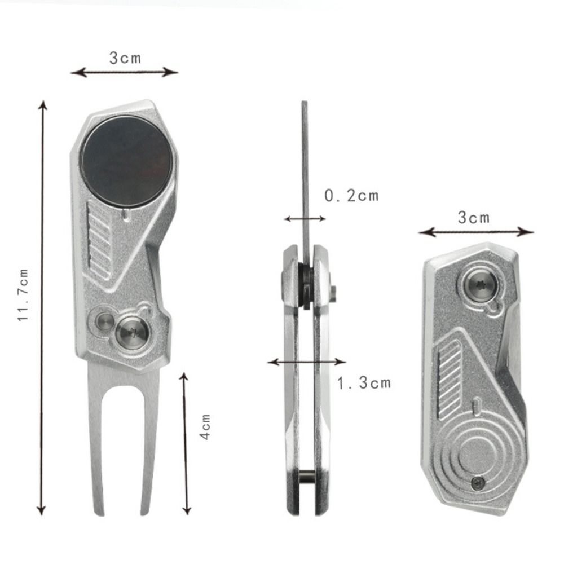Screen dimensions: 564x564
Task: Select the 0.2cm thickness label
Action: pos(351,196)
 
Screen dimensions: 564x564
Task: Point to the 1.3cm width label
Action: pos(364,384)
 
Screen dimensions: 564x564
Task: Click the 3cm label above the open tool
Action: pos(125,58)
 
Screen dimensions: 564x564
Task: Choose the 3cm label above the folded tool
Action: pos(473,218)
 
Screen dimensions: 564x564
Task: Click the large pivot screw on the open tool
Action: pos(132,333)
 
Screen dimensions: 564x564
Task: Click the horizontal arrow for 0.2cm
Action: pos(305,219)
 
